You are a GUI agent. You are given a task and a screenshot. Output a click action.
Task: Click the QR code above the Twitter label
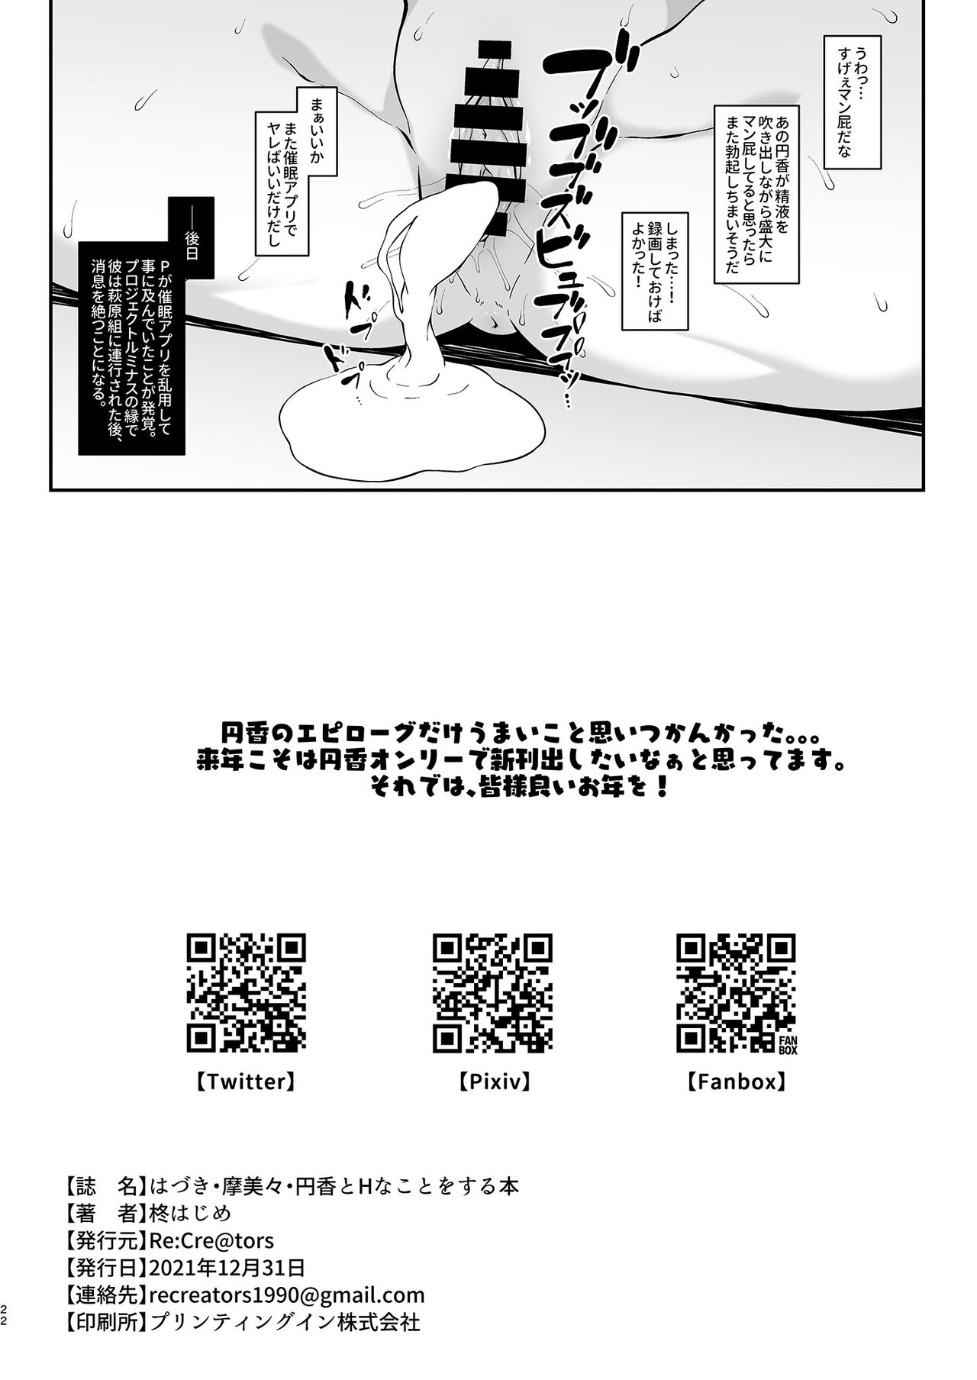[x=247, y=993]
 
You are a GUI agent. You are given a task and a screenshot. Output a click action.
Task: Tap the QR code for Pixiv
[x=492, y=993]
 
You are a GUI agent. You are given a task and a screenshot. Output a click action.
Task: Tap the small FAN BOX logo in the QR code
[x=785, y=1043]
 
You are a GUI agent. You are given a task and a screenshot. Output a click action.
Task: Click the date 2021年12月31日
[x=228, y=1267]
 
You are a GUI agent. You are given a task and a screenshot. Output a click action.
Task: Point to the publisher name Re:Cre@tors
[x=212, y=1240]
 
